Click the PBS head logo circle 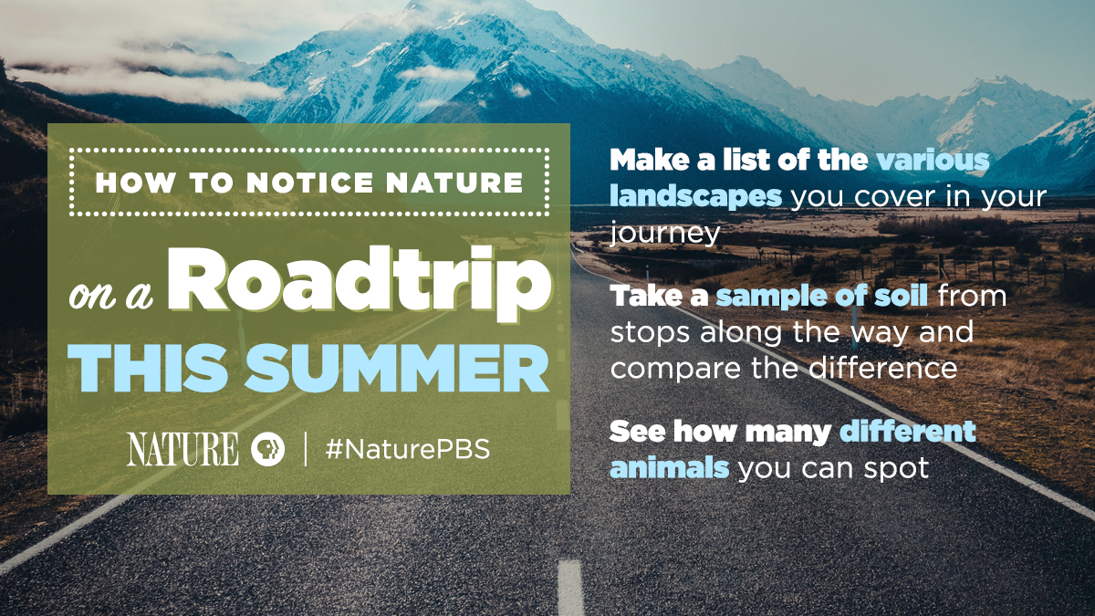coord(268,449)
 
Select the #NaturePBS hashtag coord(408,449)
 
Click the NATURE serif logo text coord(182,449)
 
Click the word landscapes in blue coord(695,196)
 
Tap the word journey coord(665,234)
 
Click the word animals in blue coord(669,467)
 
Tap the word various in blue coord(933,160)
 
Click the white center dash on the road coord(570,587)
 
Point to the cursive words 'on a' coord(110,295)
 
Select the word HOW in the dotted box coord(135,183)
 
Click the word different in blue coord(908,431)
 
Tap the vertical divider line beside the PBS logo coord(306,449)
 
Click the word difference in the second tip coord(883,368)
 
